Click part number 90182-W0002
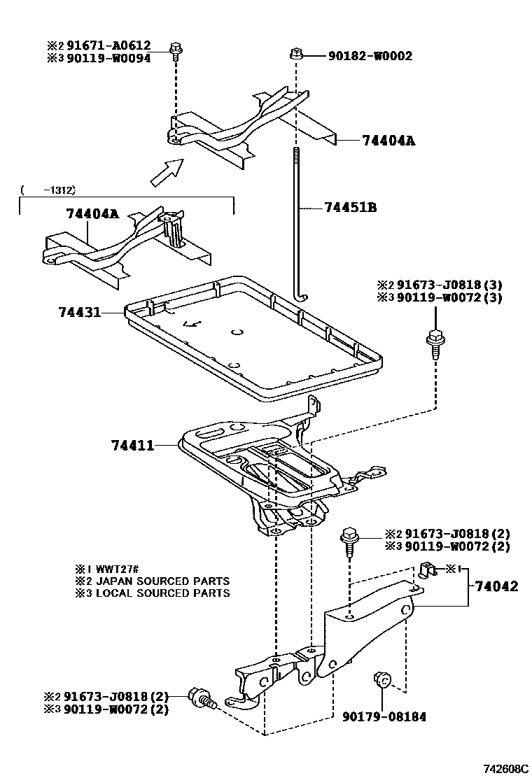(370, 56)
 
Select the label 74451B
(351, 208)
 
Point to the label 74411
(133, 444)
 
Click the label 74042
(497, 586)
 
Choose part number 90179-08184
(384, 716)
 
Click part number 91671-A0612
(108, 46)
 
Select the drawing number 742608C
(505, 768)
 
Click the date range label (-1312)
(48, 190)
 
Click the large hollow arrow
(166, 172)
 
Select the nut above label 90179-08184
(384, 679)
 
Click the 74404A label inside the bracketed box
(92, 214)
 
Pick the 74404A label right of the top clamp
(389, 141)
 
